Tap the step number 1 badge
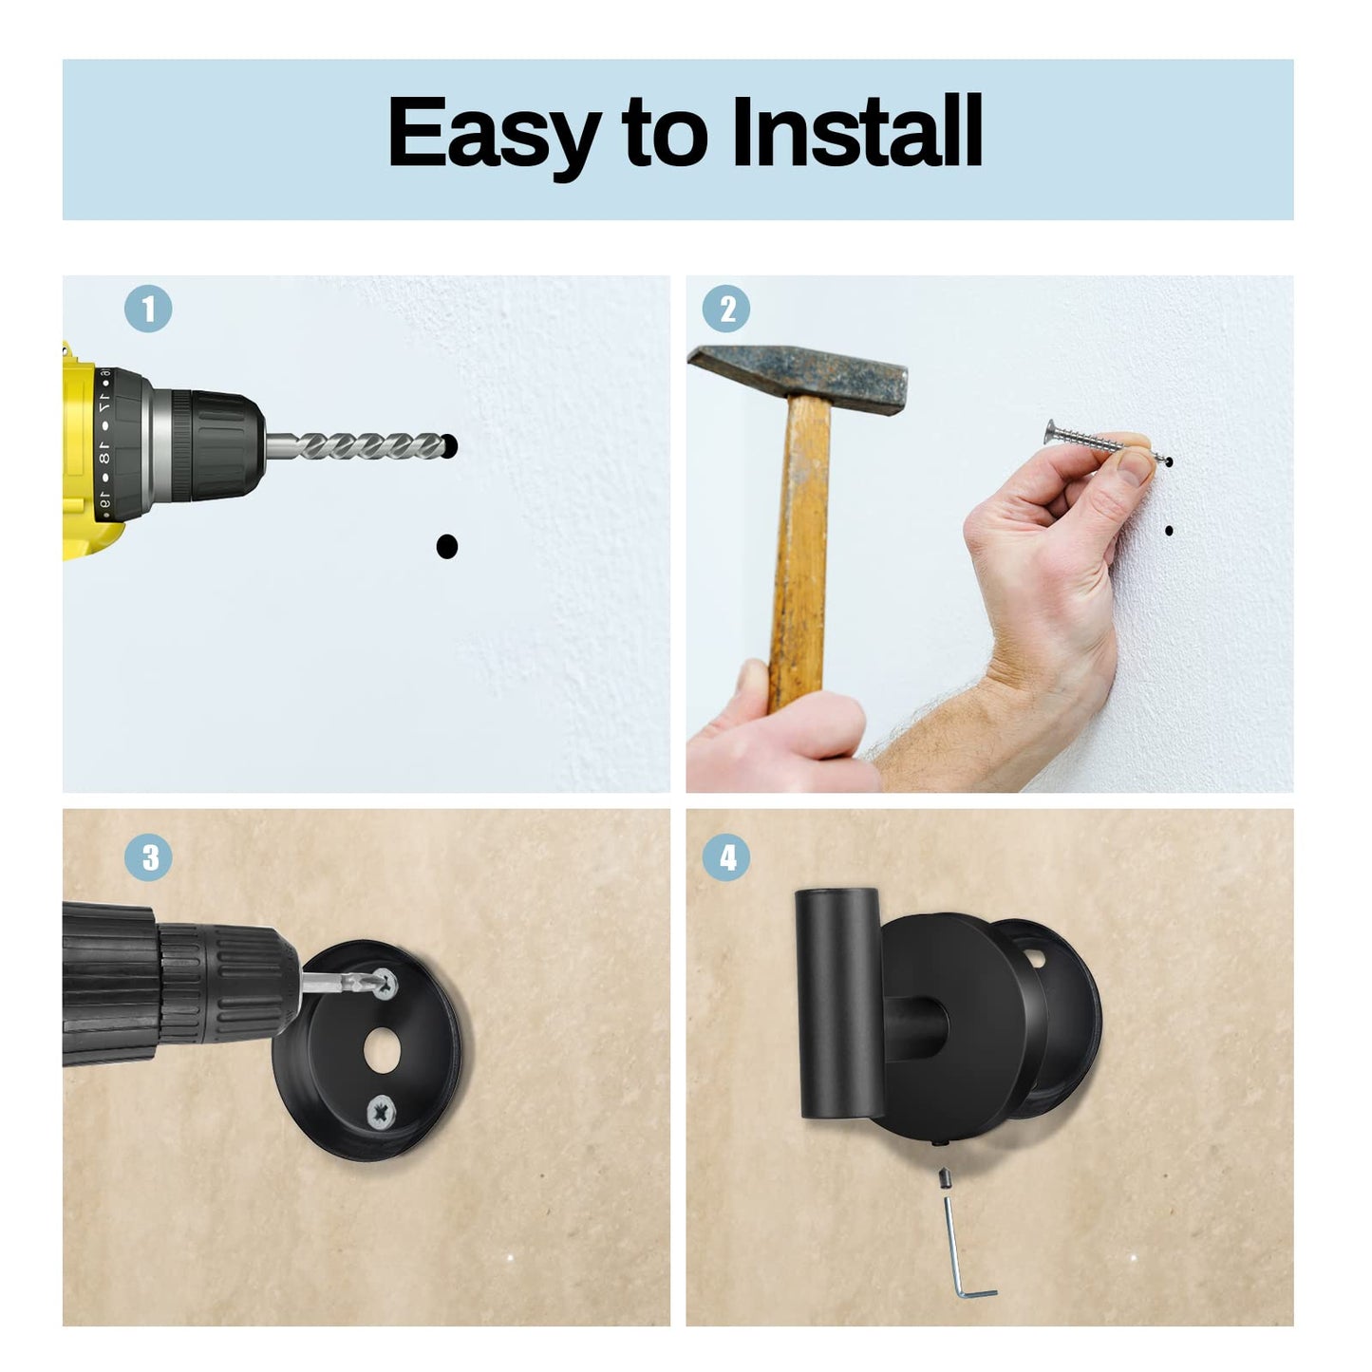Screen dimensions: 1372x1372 tap(148, 310)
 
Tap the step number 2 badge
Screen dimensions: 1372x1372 tap(726, 310)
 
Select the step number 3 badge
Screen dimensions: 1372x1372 tap(149, 858)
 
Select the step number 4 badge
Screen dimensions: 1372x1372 tap(726, 858)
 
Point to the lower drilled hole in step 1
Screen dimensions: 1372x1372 tap(446, 546)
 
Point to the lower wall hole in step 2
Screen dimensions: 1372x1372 tap(1169, 531)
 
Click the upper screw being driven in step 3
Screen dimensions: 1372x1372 tap(385, 985)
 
